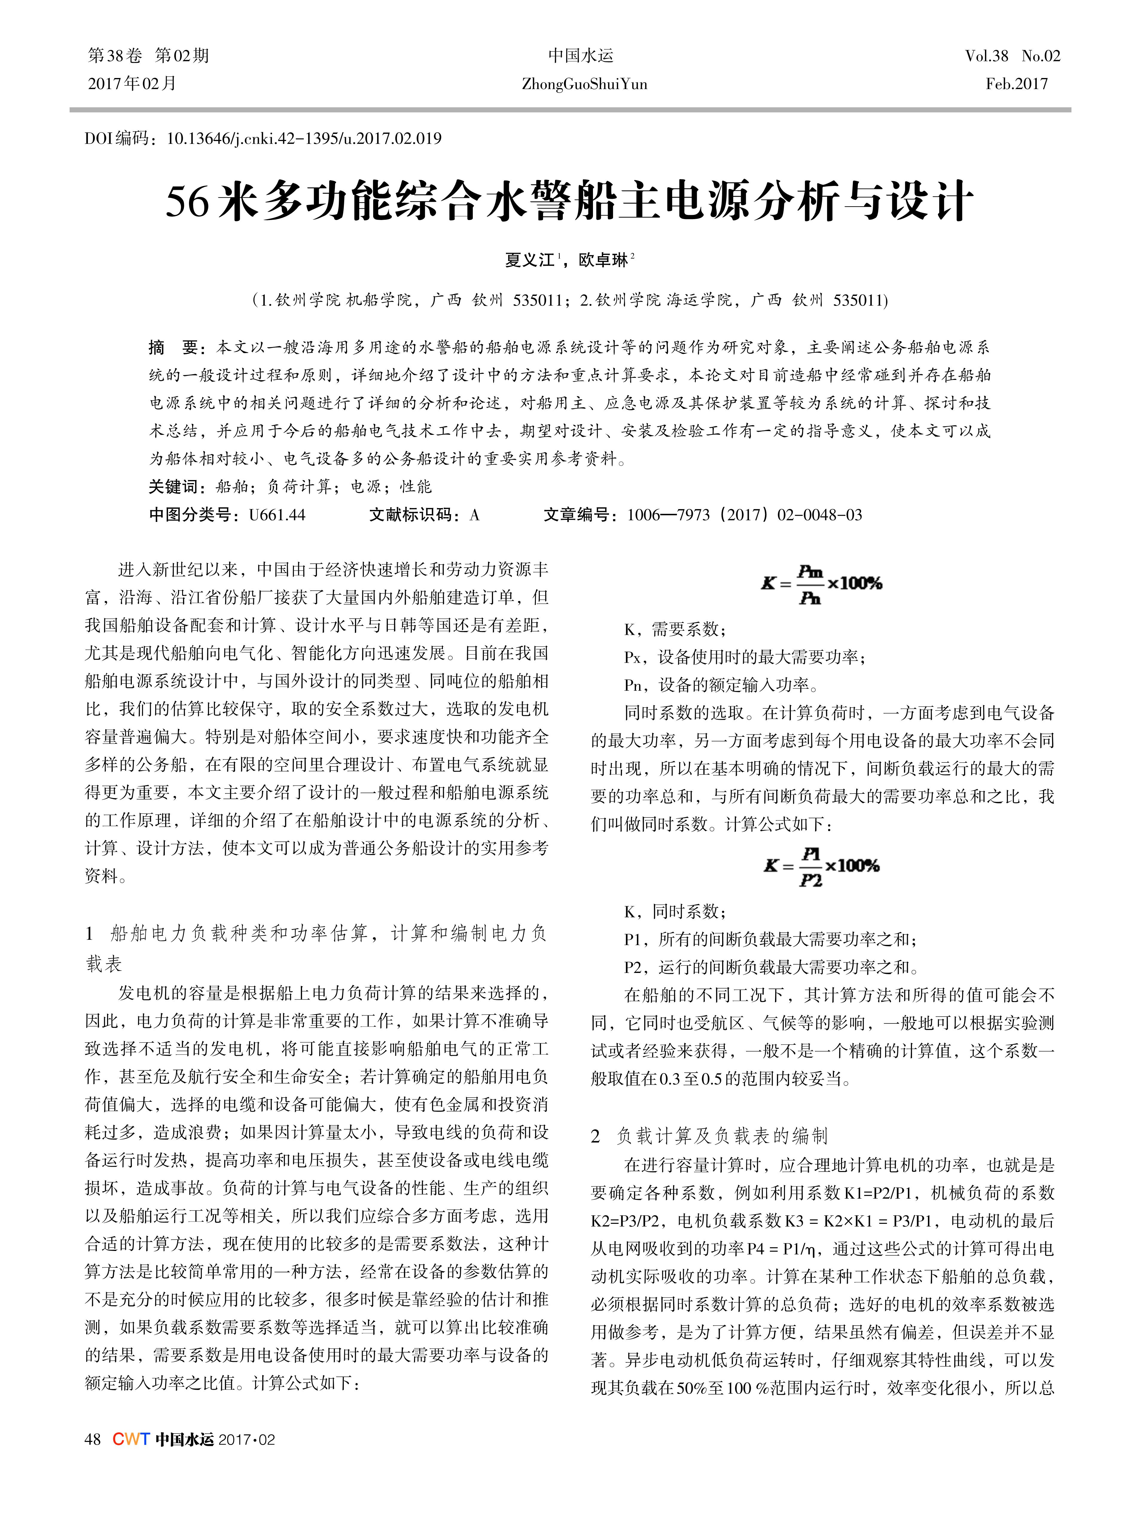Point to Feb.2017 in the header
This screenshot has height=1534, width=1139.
(1016, 84)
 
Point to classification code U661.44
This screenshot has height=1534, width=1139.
(277, 515)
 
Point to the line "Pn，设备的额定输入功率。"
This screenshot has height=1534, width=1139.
(721, 685)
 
